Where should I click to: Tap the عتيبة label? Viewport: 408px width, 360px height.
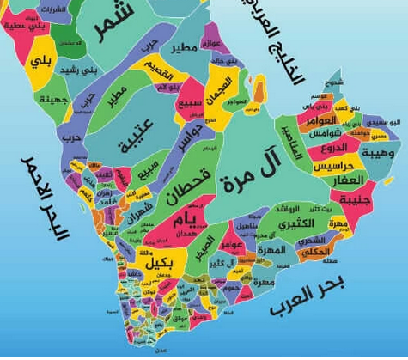129,129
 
